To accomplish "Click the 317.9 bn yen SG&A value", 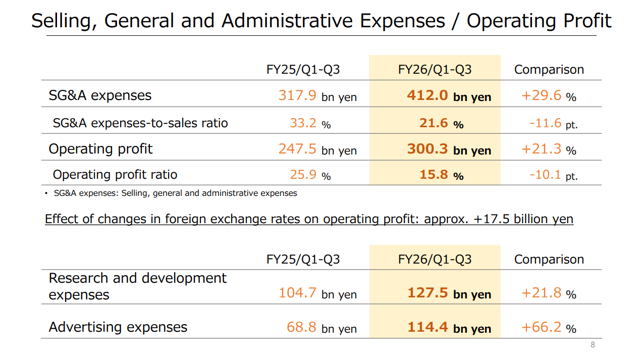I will pos(317,95).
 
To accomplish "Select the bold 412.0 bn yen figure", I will pos(449,95).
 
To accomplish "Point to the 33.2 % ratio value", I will pos(310,123).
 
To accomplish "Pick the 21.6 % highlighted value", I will pos(441,123).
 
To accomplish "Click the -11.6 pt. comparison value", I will pos(553,123).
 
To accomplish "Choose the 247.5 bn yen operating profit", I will pos(317,149).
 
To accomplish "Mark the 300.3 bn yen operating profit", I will pos(449,149).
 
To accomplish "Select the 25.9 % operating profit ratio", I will pos(310,175).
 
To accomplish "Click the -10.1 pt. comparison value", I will pos(553,175).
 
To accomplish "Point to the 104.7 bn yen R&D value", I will pos(317,293).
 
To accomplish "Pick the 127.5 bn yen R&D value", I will pos(449,293).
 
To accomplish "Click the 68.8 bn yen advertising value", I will pos(321,327).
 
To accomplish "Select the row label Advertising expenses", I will pos(118,327).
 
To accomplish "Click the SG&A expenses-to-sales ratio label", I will pos(140,123).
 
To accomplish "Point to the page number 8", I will pos(593,345).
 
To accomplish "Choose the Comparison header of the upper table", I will pos(549,70).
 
